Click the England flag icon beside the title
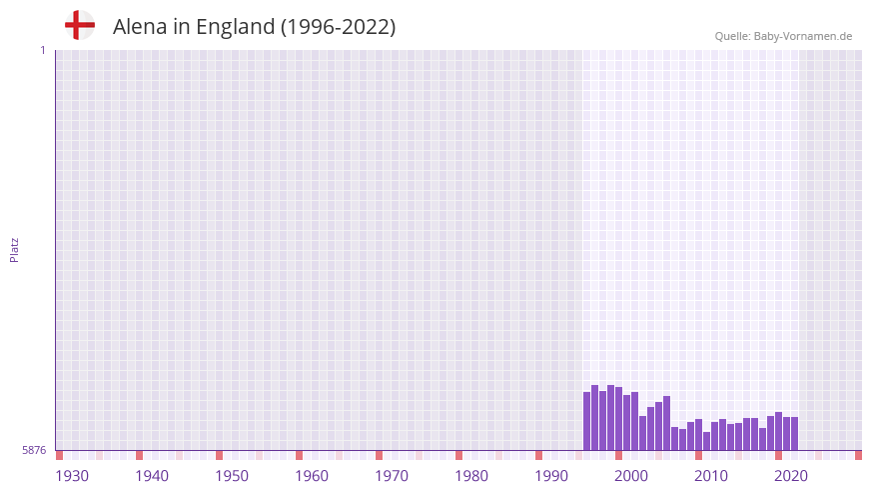pos(80,26)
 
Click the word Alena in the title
pos(140,27)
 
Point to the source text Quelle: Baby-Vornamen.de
pos(783,36)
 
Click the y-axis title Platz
pos(14,249)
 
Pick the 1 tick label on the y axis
pos(42,50)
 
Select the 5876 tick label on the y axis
pos(34,451)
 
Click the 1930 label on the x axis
pos(72,476)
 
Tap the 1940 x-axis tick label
pos(152,476)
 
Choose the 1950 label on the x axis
pos(232,476)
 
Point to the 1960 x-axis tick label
pos(312,476)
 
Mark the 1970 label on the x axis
pos(392,476)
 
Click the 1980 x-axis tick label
pos(471,476)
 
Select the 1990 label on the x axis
pos(551,476)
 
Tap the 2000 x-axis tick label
pos(631,476)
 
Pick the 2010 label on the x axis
pos(711,476)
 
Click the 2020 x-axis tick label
pos(791,476)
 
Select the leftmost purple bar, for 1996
pos(587,421)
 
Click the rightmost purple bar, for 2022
pos(794,434)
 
